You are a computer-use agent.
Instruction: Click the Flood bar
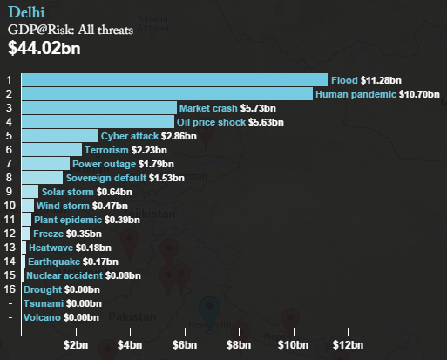coord(175,80)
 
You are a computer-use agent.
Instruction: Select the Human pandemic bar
coord(167,94)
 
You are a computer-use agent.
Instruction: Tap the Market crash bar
coord(99,108)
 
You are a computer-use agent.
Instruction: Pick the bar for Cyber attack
coord(60,136)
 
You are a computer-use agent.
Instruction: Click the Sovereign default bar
coord(42,178)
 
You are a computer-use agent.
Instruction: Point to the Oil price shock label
coord(211,122)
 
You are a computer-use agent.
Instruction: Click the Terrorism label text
coord(106,150)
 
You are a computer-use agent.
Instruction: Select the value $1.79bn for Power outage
coord(156,164)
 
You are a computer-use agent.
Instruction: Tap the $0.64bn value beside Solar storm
coord(114,192)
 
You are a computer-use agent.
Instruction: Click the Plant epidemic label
coord(68,220)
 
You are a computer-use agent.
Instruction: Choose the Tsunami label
coord(44,303)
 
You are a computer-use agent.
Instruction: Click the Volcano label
coord(42,317)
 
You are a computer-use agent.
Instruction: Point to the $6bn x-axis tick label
coord(185,345)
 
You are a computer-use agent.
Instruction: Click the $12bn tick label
coord(348,345)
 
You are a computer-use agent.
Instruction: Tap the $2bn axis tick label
coord(76,345)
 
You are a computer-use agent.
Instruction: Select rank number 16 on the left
coord(10,289)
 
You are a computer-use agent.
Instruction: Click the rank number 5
coord(9,136)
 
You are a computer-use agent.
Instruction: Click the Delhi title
coord(26,12)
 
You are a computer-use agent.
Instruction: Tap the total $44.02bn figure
coord(44,48)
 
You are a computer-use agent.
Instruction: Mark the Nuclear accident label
coord(64,275)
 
